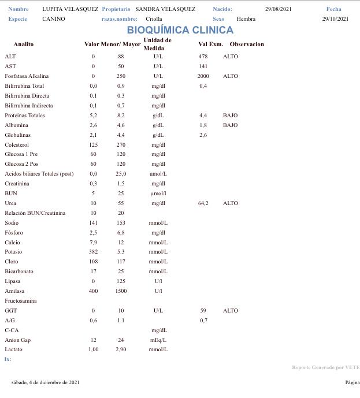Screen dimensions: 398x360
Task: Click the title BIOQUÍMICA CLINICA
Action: point(180,30)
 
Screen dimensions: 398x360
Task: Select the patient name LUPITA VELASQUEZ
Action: point(70,9)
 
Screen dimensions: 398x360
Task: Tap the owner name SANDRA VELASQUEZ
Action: point(165,9)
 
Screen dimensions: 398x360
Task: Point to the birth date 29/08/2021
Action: point(279,9)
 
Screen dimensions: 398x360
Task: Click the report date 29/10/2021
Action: point(335,19)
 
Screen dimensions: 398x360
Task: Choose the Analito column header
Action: point(24,44)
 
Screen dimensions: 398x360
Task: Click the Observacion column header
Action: point(247,44)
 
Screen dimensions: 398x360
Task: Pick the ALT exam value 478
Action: point(203,57)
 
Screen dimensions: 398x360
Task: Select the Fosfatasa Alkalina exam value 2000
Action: point(203,76)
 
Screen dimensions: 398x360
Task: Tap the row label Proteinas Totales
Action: point(25,116)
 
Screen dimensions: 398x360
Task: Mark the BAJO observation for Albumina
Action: point(230,125)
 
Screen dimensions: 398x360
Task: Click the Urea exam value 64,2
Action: point(203,203)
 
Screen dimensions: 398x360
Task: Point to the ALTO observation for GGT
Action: point(230,311)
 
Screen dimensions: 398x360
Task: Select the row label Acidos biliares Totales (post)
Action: point(39,174)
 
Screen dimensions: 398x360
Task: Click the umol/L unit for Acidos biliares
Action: point(158,174)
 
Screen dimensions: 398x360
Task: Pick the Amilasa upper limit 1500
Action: point(121,291)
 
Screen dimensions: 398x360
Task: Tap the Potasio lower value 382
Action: point(93,252)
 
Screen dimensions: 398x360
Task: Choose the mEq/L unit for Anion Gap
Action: point(158,340)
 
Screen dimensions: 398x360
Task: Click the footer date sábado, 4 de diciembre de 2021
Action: point(45,382)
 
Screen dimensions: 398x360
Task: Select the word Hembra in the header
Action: point(246,19)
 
